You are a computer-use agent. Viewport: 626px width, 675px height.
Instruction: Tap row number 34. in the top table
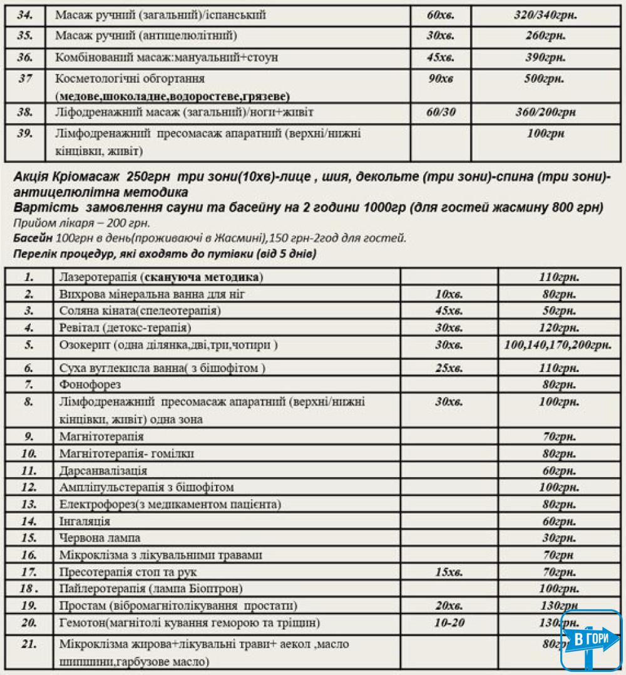26,15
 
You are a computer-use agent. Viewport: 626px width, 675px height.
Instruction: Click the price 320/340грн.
542,15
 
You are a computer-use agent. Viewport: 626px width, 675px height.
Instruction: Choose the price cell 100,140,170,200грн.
558,346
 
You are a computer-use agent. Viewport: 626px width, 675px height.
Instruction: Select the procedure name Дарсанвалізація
103,470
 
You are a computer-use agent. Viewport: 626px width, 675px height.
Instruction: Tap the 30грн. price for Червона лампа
559,538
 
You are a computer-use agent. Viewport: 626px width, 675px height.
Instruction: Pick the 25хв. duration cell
449,368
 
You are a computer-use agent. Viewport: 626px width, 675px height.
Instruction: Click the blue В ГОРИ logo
592,640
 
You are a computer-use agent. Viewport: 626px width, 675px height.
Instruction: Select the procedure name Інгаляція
85,521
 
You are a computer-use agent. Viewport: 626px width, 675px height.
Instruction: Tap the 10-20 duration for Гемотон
449,622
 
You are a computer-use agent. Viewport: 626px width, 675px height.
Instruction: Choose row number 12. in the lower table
29,487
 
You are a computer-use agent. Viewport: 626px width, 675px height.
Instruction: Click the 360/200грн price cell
542,113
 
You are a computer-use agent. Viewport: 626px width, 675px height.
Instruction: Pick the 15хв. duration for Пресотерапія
449,572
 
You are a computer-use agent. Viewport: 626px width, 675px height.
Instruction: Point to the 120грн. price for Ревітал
559,327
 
